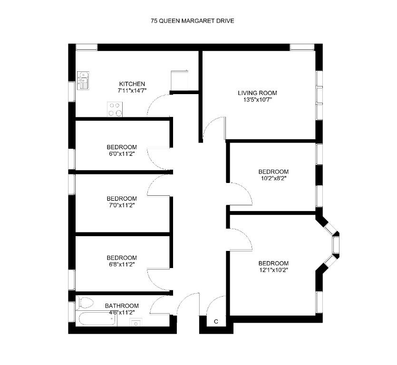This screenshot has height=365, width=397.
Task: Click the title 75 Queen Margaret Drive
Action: (193, 21)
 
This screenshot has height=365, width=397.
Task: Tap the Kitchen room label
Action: (132, 84)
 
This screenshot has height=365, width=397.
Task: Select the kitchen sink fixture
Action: (83, 80)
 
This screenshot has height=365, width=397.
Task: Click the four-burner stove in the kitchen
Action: (115, 109)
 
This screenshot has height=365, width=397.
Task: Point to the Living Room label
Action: (257, 93)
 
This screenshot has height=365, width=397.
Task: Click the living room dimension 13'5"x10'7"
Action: (258, 100)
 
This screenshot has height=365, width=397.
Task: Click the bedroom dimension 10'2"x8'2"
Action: (273, 178)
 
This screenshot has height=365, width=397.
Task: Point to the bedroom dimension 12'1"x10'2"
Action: (273, 270)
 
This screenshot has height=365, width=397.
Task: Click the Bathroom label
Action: (122, 306)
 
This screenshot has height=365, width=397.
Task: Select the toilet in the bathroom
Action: (85, 302)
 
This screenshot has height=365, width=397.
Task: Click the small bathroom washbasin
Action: (136, 323)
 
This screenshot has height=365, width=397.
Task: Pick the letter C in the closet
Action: (216, 321)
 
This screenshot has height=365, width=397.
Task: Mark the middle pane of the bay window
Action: (336, 245)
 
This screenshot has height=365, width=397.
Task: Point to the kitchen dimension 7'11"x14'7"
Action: (132, 91)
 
